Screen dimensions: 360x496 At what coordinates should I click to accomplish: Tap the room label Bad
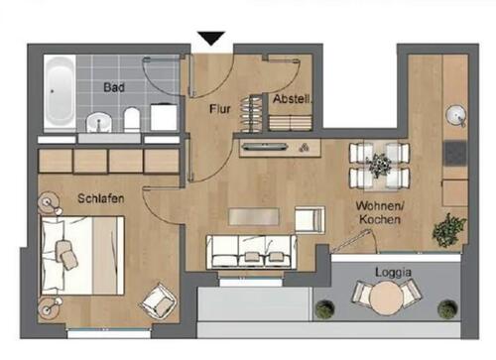[x=115, y=87]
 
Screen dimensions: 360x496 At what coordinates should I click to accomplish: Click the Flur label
[x=219, y=109]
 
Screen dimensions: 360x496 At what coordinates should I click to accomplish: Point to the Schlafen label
[x=100, y=198]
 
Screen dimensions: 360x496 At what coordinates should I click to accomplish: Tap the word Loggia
[x=395, y=271]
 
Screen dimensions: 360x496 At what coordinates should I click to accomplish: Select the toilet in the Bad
[x=131, y=120]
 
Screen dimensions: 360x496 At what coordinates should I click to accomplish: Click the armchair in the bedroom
[x=157, y=300]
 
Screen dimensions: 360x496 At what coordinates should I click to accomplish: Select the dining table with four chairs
[x=379, y=166]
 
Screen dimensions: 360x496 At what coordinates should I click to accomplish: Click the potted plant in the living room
[x=448, y=229]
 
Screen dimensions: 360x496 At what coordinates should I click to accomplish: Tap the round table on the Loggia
[x=382, y=297]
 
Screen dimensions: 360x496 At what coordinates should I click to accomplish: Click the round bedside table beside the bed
[x=50, y=205]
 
